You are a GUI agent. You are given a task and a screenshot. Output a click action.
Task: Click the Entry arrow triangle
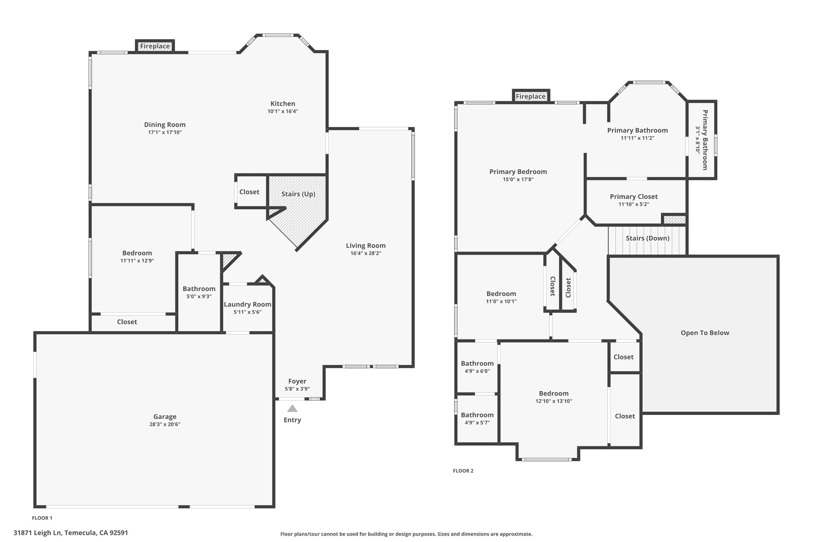[292, 408]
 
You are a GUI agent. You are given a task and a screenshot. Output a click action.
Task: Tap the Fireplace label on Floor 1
[155, 46]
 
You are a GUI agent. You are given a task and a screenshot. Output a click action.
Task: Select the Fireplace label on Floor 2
[531, 96]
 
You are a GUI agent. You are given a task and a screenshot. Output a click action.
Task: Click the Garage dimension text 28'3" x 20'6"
[165, 424]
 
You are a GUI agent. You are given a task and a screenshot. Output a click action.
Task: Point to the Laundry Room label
[248, 304]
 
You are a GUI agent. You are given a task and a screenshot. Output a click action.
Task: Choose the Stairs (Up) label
[299, 194]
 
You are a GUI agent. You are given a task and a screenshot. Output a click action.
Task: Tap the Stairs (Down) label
[647, 238]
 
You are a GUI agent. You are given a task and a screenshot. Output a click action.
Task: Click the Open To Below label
[705, 333]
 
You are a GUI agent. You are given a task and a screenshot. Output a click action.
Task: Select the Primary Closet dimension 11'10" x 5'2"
[634, 204]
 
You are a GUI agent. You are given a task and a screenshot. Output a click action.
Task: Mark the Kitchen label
[283, 104]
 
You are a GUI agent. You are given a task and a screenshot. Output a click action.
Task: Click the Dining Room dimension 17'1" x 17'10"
[165, 132]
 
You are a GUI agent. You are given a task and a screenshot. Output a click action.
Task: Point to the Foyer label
[297, 381]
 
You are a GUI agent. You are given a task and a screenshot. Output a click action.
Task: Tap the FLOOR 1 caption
[42, 518]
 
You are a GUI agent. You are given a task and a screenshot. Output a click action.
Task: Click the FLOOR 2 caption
[463, 471]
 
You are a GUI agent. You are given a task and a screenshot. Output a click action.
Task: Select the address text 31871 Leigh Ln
[38, 533]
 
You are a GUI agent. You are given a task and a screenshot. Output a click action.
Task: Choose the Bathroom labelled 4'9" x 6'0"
[477, 363]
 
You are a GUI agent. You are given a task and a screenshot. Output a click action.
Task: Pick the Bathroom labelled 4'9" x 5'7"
[477, 415]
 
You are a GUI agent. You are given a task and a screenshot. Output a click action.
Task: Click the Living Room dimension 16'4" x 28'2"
[366, 253]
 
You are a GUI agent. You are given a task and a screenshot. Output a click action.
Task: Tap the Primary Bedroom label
[518, 172]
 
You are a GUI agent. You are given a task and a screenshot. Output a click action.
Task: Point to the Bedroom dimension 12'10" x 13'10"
[554, 401]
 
